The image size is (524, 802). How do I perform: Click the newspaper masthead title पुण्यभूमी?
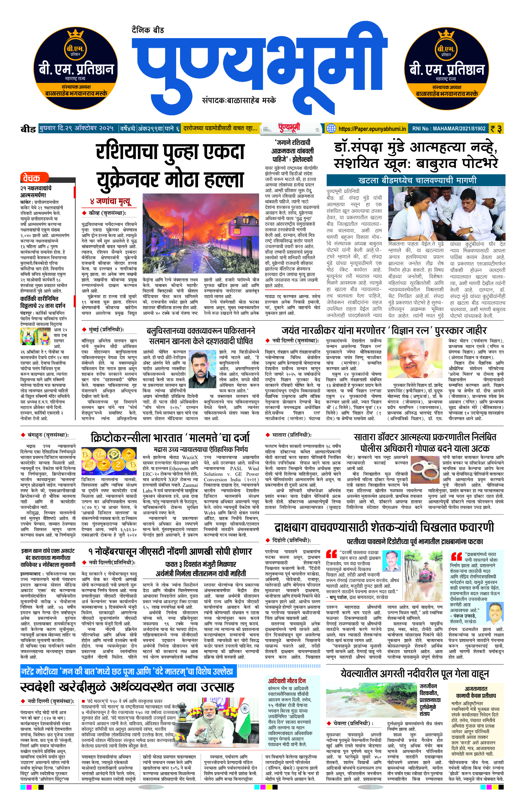pos(259,64)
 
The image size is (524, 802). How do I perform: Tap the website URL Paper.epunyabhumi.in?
pos(372,129)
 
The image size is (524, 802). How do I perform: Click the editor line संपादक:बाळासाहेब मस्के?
pos(239,101)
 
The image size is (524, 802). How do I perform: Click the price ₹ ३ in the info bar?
pos(496,129)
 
